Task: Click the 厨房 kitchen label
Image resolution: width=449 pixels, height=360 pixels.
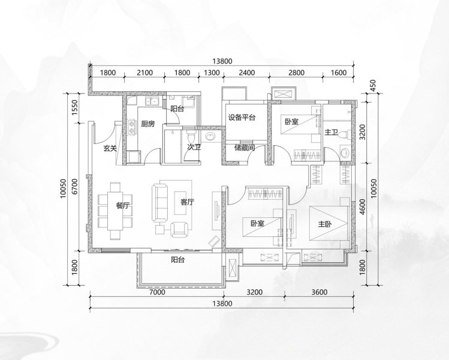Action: pyautogui.click(x=147, y=124)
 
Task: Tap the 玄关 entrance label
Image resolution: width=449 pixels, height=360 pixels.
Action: pyautogui.click(x=110, y=148)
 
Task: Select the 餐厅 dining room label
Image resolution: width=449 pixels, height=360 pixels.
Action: pyautogui.click(x=123, y=205)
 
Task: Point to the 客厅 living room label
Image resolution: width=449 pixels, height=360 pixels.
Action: pyautogui.click(x=187, y=202)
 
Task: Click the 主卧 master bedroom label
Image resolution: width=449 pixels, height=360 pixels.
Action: pyautogui.click(x=325, y=224)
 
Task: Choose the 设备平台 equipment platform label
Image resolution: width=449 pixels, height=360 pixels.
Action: pyautogui.click(x=242, y=118)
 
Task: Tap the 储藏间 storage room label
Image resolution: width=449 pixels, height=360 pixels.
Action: pyautogui.click(x=245, y=148)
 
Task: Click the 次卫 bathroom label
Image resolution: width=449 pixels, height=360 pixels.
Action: pyautogui.click(x=194, y=148)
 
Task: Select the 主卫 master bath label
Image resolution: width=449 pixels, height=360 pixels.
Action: pyautogui.click(x=332, y=132)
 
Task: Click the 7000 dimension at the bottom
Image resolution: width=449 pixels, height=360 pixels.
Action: pyautogui.click(x=157, y=292)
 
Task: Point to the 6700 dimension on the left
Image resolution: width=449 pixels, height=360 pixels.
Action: pyautogui.click(x=75, y=187)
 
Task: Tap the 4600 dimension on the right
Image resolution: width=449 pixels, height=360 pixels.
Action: pyautogui.click(x=363, y=206)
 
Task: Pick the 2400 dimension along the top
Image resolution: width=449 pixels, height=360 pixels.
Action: pyautogui.click(x=247, y=73)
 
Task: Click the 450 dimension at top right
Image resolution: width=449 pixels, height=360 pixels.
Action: pyautogui.click(x=373, y=86)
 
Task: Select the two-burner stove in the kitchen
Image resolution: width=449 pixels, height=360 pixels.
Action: pyautogui.click(x=132, y=128)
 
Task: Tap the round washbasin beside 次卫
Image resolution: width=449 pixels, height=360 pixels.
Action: pyautogui.click(x=212, y=136)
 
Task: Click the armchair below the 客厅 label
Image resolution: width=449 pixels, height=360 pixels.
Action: pyautogui.click(x=179, y=229)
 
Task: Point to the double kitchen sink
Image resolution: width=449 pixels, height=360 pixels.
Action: pyautogui.click(x=152, y=101)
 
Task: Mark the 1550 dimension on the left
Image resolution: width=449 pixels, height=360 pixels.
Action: pyautogui.click(x=75, y=107)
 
